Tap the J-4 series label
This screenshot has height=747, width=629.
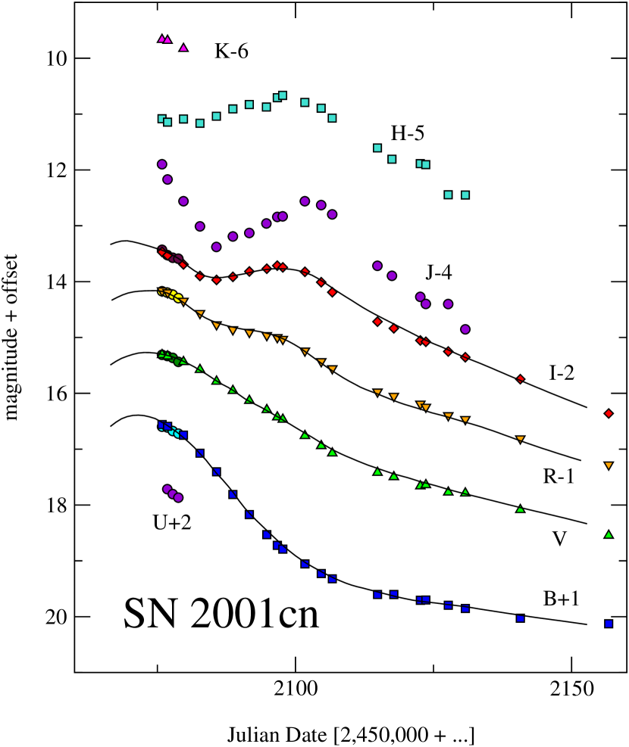pyautogui.click(x=439, y=273)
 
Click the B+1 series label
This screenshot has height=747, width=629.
pyautogui.click(x=562, y=599)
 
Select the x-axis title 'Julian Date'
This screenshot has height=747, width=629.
pyautogui.click(x=350, y=733)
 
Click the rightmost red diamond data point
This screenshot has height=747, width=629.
pyautogui.click(x=609, y=413)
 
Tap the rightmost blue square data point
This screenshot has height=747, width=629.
pyautogui.click(x=609, y=624)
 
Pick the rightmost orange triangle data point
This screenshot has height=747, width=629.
pyautogui.click(x=609, y=465)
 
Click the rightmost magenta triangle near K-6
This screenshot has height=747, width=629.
pyautogui.click(x=183, y=48)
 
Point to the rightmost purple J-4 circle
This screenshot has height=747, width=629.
pyautogui.click(x=465, y=329)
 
